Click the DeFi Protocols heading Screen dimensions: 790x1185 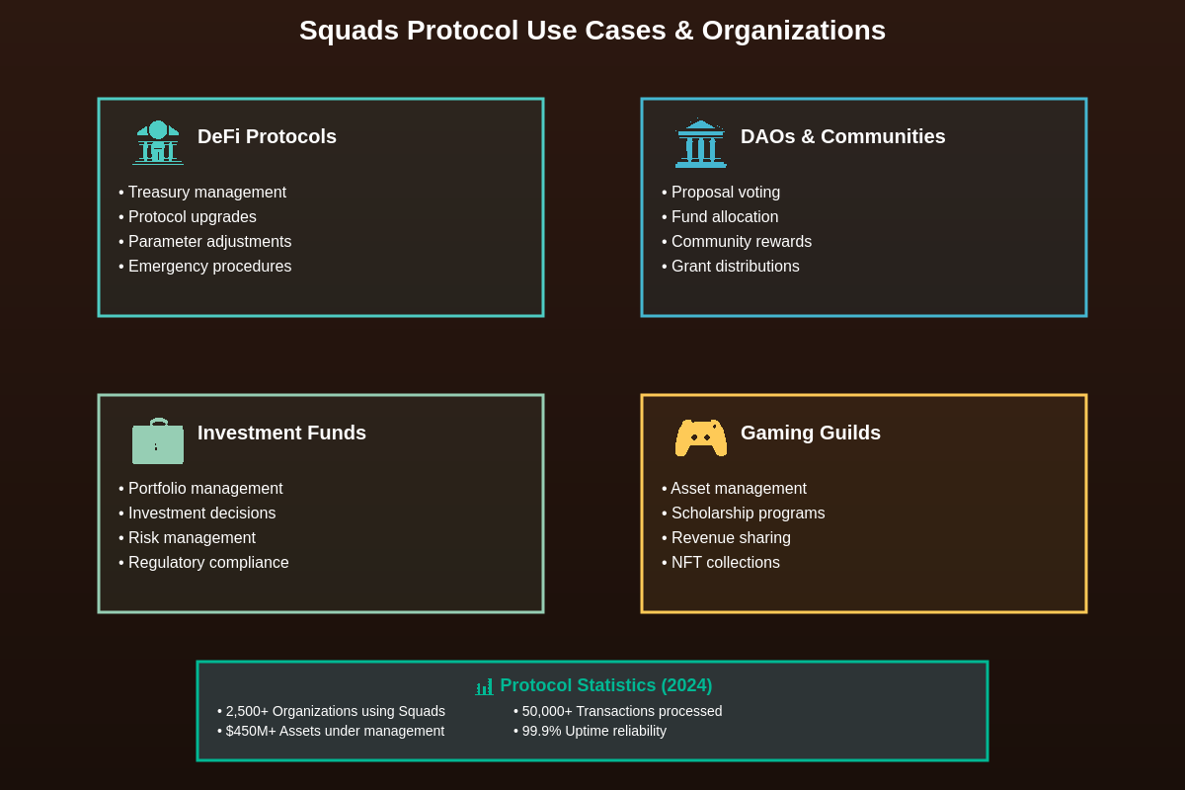(x=267, y=136)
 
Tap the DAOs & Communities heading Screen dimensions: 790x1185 (x=842, y=136)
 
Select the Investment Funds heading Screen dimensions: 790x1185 (x=281, y=433)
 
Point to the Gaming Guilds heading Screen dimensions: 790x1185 (x=810, y=433)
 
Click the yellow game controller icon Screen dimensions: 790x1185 (x=700, y=437)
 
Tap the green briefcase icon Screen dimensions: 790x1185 (x=158, y=441)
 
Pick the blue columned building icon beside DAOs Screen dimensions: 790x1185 (x=700, y=144)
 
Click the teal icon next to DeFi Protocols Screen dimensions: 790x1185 (x=158, y=142)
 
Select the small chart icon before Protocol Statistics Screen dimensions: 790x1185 (x=484, y=686)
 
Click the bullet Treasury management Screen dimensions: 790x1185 (x=206, y=193)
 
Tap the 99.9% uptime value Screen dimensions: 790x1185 (x=541, y=731)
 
